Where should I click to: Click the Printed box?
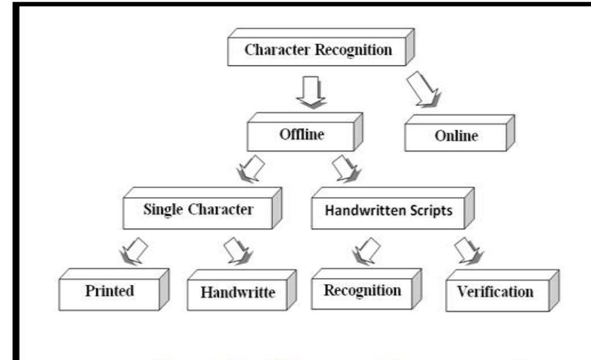[x=109, y=291]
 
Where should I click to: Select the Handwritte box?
[x=237, y=293]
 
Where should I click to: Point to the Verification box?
[x=495, y=292]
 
